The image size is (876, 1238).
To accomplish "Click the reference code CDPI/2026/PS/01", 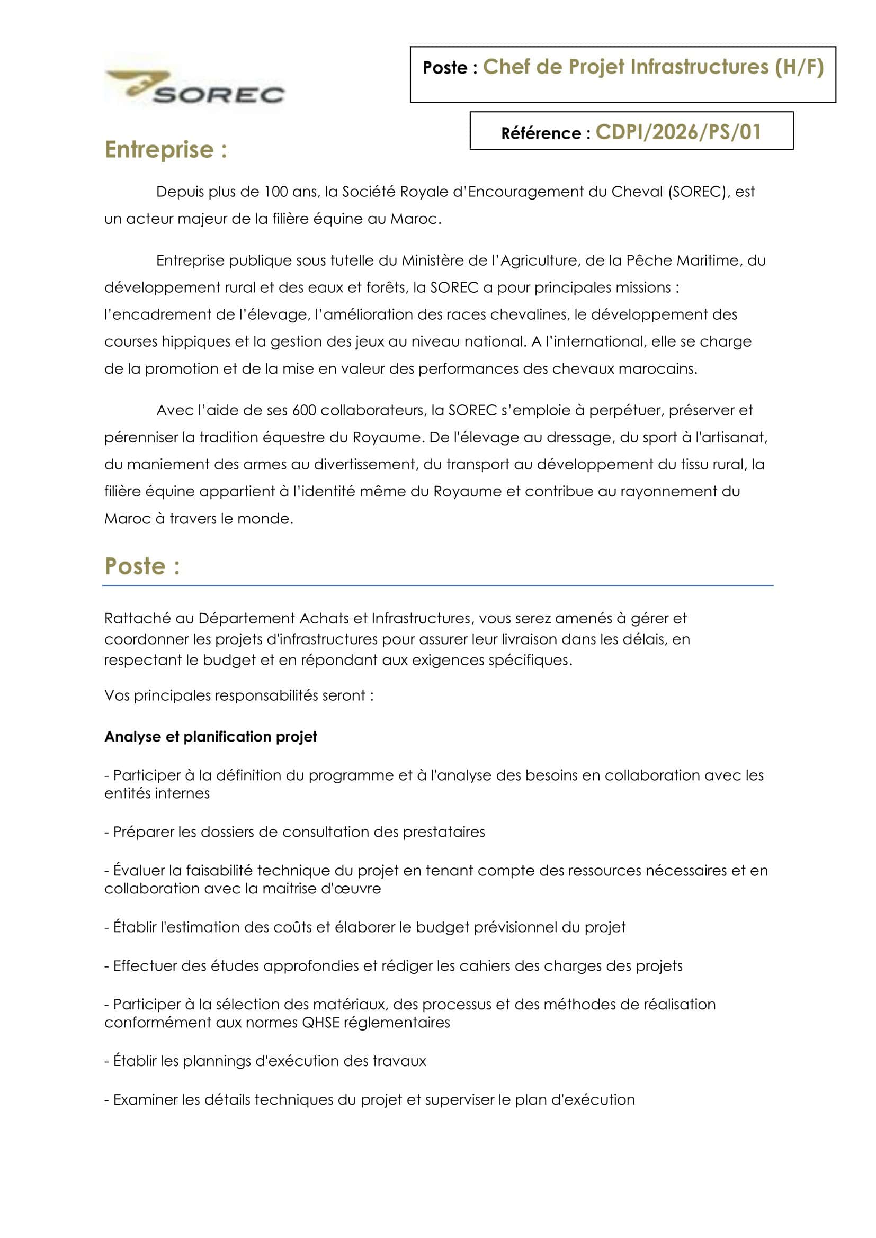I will click(x=677, y=132).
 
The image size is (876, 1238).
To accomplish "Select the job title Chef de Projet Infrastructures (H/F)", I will click(x=652, y=67).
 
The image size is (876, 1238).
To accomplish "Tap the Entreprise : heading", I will click(x=166, y=150).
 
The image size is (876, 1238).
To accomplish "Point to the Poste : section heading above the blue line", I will click(x=142, y=566).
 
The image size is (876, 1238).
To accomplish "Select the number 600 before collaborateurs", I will click(x=303, y=410).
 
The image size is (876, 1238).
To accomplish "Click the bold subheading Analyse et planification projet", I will click(x=210, y=737).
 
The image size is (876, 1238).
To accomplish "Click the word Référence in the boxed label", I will click(x=541, y=133).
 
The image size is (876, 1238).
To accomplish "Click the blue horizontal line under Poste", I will click(x=437, y=585).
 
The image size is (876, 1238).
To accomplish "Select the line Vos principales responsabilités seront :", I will click(x=239, y=695).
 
